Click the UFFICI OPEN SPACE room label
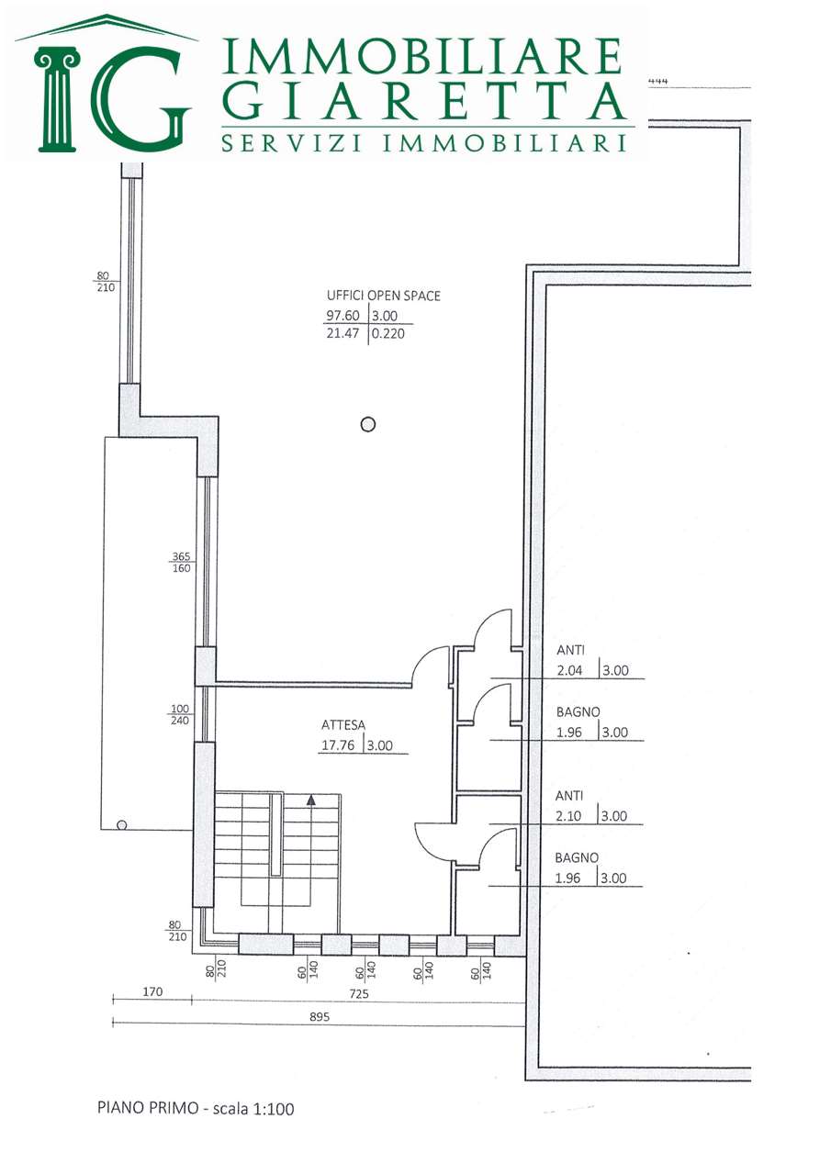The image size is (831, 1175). (384, 296)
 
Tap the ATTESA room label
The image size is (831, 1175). (343, 725)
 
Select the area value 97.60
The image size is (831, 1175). (343, 316)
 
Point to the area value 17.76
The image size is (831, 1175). (338, 745)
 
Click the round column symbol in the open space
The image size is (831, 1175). (368, 424)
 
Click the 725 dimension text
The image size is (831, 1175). (359, 993)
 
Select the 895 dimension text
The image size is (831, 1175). (319, 1017)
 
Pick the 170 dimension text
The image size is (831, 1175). (152, 991)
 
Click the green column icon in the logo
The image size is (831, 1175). (56, 98)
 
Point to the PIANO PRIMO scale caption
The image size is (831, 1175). (196, 1108)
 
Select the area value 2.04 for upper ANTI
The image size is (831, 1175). (569, 670)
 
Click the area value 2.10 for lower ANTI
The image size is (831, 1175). (568, 816)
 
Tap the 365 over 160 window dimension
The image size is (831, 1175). (181, 563)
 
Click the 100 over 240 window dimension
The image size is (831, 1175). (179, 714)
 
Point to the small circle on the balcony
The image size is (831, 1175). (122, 825)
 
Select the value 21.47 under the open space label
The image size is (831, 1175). (343, 333)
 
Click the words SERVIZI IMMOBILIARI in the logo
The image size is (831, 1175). (424, 142)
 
